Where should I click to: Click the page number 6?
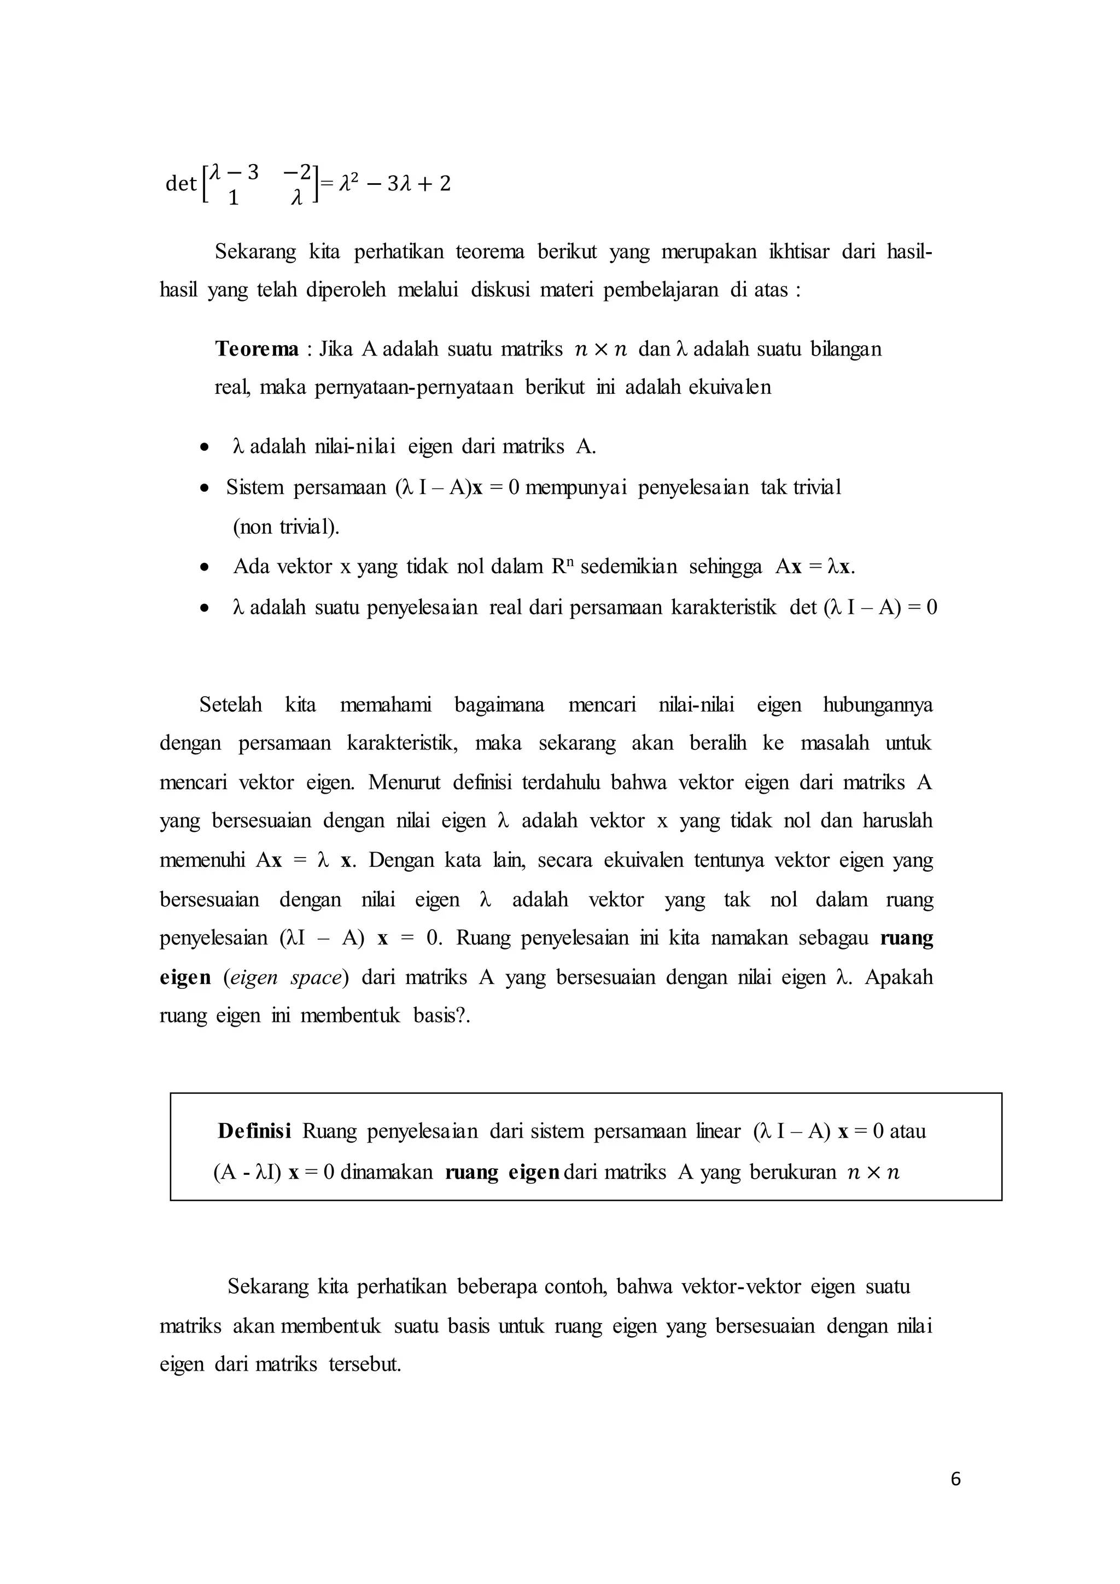tap(955, 1478)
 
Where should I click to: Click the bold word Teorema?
tap(256, 349)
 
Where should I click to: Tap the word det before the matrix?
tap(180, 184)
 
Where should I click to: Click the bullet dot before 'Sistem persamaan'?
tap(204, 488)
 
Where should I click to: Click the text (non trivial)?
tap(286, 527)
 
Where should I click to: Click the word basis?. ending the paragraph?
tap(441, 1016)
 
